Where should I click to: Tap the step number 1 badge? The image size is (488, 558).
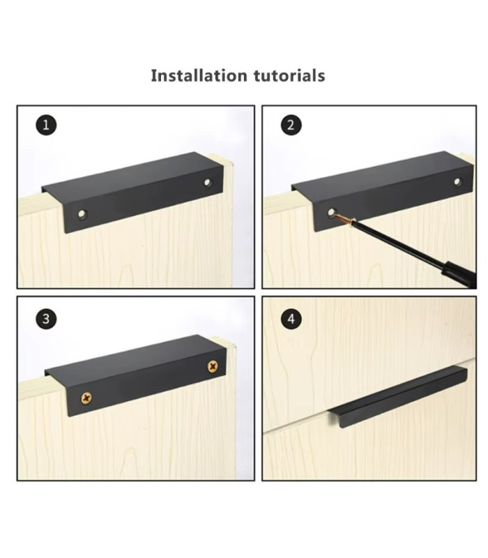[x=46, y=126]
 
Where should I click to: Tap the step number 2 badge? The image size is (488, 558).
[x=291, y=126]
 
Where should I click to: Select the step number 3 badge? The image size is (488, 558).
[x=46, y=319]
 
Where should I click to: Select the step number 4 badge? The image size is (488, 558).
[x=291, y=319]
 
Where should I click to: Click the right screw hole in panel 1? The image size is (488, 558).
[x=207, y=182]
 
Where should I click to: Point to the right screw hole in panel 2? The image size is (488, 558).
[x=457, y=182]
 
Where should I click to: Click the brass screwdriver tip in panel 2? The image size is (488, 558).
[x=343, y=218]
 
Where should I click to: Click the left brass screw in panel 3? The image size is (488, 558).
[x=87, y=398]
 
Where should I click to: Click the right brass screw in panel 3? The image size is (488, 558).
[x=212, y=366]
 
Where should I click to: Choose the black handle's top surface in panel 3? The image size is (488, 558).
[x=129, y=357]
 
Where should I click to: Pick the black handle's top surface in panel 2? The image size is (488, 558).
[x=376, y=174]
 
